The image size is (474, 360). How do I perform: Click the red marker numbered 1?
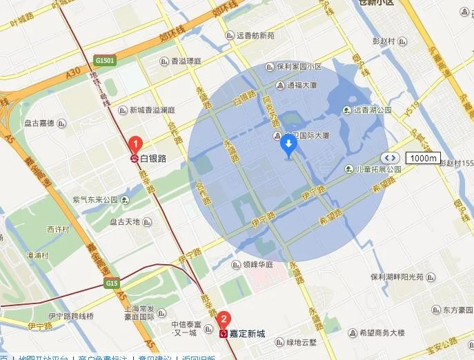point(137,145)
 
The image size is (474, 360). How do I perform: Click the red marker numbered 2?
point(224,319)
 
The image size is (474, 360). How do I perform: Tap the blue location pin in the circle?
point(289,145)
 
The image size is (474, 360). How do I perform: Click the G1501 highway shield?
point(106,60)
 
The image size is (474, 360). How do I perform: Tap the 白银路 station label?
point(153,159)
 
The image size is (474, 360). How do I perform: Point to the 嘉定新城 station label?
point(248,333)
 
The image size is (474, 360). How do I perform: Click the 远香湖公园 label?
point(373,110)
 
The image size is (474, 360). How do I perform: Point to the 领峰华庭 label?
point(259,263)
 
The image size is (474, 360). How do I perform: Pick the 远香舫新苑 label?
point(255,35)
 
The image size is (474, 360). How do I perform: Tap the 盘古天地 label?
point(124,222)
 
